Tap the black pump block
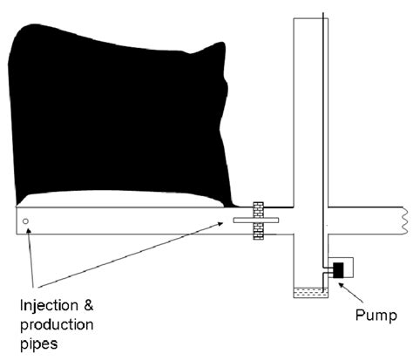[337, 270]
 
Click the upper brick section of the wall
[258, 209]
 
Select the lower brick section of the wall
[258, 232]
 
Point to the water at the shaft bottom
[309, 293]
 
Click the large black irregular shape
[122, 113]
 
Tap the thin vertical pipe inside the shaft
[324, 131]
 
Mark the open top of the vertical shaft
[308, 15]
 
